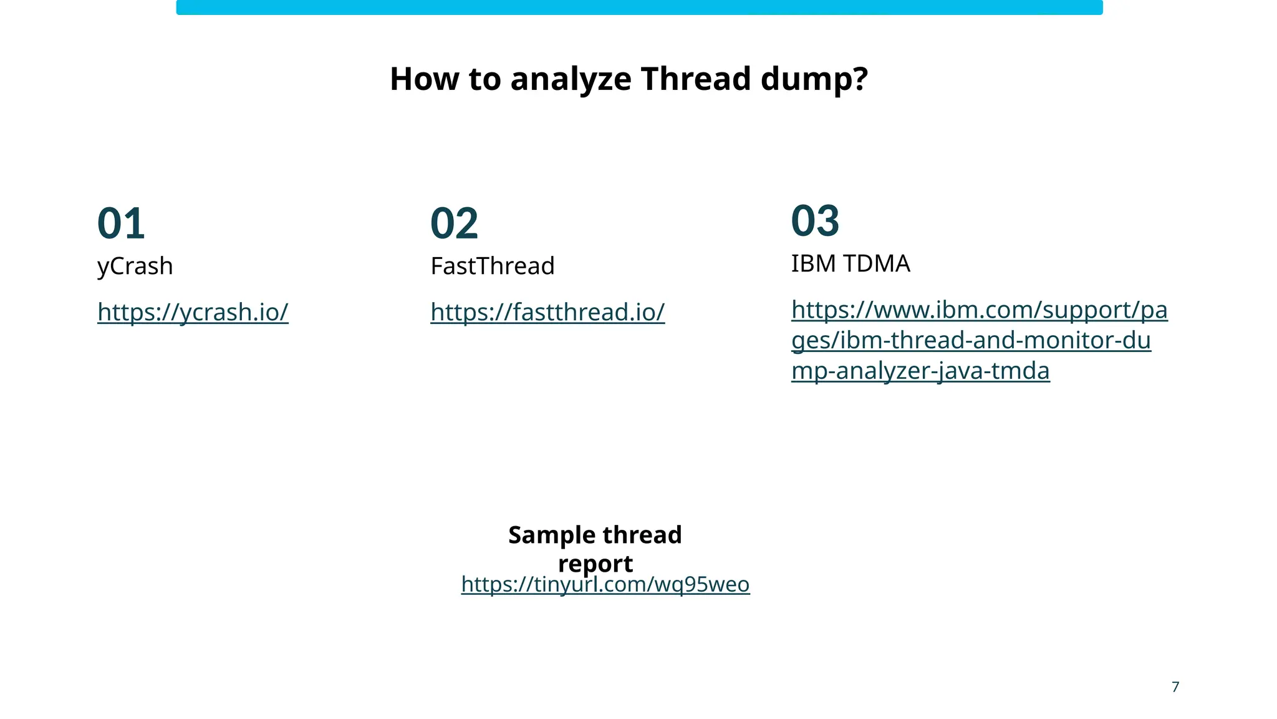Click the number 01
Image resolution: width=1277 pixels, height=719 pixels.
click(121, 223)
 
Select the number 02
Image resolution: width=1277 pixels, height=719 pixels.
click(454, 223)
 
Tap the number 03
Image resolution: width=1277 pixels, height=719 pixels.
click(815, 221)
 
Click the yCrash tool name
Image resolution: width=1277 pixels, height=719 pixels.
click(135, 267)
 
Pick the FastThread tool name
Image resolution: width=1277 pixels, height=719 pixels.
click(492, 267)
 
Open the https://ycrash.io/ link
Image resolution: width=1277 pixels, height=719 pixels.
click(193, 312)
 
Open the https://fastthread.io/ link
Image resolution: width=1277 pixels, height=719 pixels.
click(547, 312)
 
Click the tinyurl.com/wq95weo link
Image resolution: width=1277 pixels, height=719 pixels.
click(605, 585)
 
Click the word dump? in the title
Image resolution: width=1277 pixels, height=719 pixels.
click(814, 79)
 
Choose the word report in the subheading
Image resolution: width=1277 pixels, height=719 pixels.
click(595, 564)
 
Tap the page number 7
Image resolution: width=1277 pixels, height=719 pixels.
click(1175, 687)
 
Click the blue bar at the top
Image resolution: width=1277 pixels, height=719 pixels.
click(639, 7)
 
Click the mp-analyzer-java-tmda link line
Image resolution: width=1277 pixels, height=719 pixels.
click(920, 371)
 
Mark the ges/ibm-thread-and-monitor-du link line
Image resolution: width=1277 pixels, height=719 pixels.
click(971, 341)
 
